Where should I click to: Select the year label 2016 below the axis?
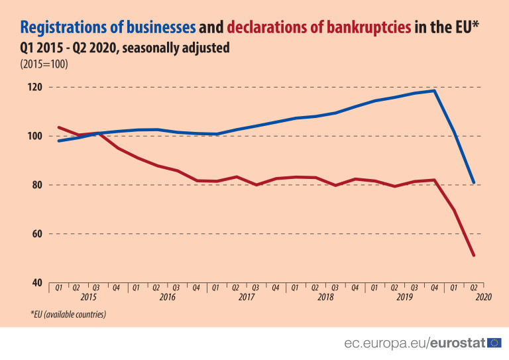click(x=166, y=298)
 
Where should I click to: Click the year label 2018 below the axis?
click(x=325, y=298)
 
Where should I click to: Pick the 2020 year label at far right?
click(x=482, y=298)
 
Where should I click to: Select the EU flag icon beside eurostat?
click(x=494, y=343)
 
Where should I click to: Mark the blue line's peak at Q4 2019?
click(x=435, y=91)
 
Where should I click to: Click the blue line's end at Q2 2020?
click(x=474, y=182)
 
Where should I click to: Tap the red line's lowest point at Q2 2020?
click(x=474, y=255)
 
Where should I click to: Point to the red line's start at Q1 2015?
click(x=59, y=127)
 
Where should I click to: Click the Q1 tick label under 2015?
click(x=59, y=288)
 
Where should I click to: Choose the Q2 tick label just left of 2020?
click(x=474, y=288)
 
